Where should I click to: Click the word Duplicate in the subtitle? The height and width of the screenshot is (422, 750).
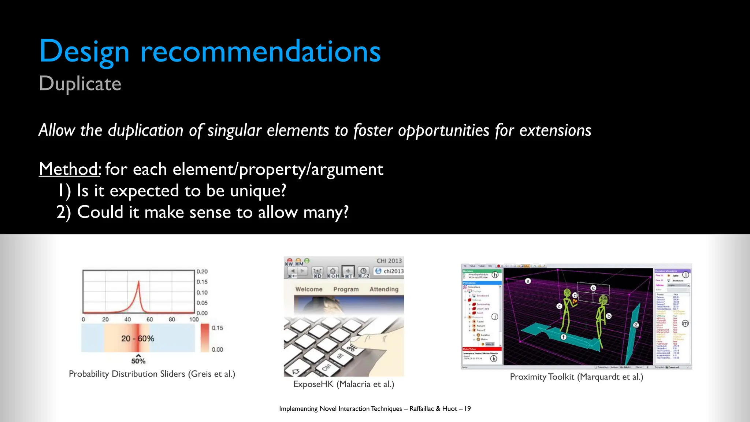[80, 84]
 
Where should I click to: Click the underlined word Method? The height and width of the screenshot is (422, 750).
[69, 169]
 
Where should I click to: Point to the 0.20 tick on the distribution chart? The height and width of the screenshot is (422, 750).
[202, 271]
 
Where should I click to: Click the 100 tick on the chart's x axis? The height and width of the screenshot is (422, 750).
[194, 319]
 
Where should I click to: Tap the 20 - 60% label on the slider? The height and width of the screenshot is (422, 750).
[138, 338]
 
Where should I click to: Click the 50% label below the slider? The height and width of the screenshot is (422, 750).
[138, 361]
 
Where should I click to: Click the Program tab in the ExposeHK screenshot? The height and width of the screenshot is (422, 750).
[346, 289]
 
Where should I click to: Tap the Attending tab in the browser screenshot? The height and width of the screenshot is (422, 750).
[384, 289]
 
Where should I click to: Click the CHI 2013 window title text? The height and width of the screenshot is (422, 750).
[389, 261]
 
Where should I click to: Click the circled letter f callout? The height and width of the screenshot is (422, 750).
[564, 337]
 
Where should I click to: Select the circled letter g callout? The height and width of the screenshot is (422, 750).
[636, 325]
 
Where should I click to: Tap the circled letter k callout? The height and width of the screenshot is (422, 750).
[494, 359]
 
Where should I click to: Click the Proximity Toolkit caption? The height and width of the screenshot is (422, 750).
[576, 377]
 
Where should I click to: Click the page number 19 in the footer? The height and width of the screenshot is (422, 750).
[467, 408]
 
